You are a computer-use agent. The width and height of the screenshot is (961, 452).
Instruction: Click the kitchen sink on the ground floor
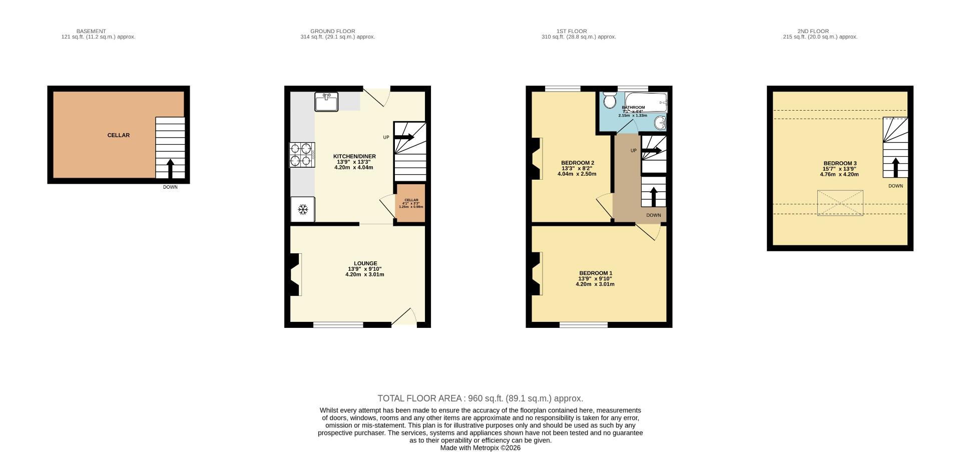[x=326, y=102]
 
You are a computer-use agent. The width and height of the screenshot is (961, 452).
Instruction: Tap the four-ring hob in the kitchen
[x=302, y=155]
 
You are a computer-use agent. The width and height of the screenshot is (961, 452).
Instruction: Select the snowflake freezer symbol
[x=303, y=209]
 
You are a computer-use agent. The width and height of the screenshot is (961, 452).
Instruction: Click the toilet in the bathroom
[x=609, y=101]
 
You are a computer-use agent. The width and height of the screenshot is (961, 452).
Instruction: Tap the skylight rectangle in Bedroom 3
[x=840, y=203]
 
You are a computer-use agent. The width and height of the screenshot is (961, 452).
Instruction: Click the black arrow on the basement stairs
[x=170, y=168]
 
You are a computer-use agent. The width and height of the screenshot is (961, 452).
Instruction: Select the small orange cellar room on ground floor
[x=410, y=203]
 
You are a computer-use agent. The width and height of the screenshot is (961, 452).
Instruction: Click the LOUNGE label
[x=365, y=263]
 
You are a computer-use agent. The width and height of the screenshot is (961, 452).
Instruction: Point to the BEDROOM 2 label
[x=577, y=163]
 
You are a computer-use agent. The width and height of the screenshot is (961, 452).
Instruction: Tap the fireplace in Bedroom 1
[x=537, y=274]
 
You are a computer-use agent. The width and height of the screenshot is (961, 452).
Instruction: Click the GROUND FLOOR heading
[x=332, y=31]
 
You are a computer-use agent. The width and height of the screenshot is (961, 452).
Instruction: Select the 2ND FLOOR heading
[x=813, y=31]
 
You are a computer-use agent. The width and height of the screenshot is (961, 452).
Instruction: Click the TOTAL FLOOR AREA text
[x=480, y=398]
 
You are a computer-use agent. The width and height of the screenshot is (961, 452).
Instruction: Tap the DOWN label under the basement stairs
[x=170, y=187]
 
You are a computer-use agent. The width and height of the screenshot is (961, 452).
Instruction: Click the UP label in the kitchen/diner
[x=386, y=137]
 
